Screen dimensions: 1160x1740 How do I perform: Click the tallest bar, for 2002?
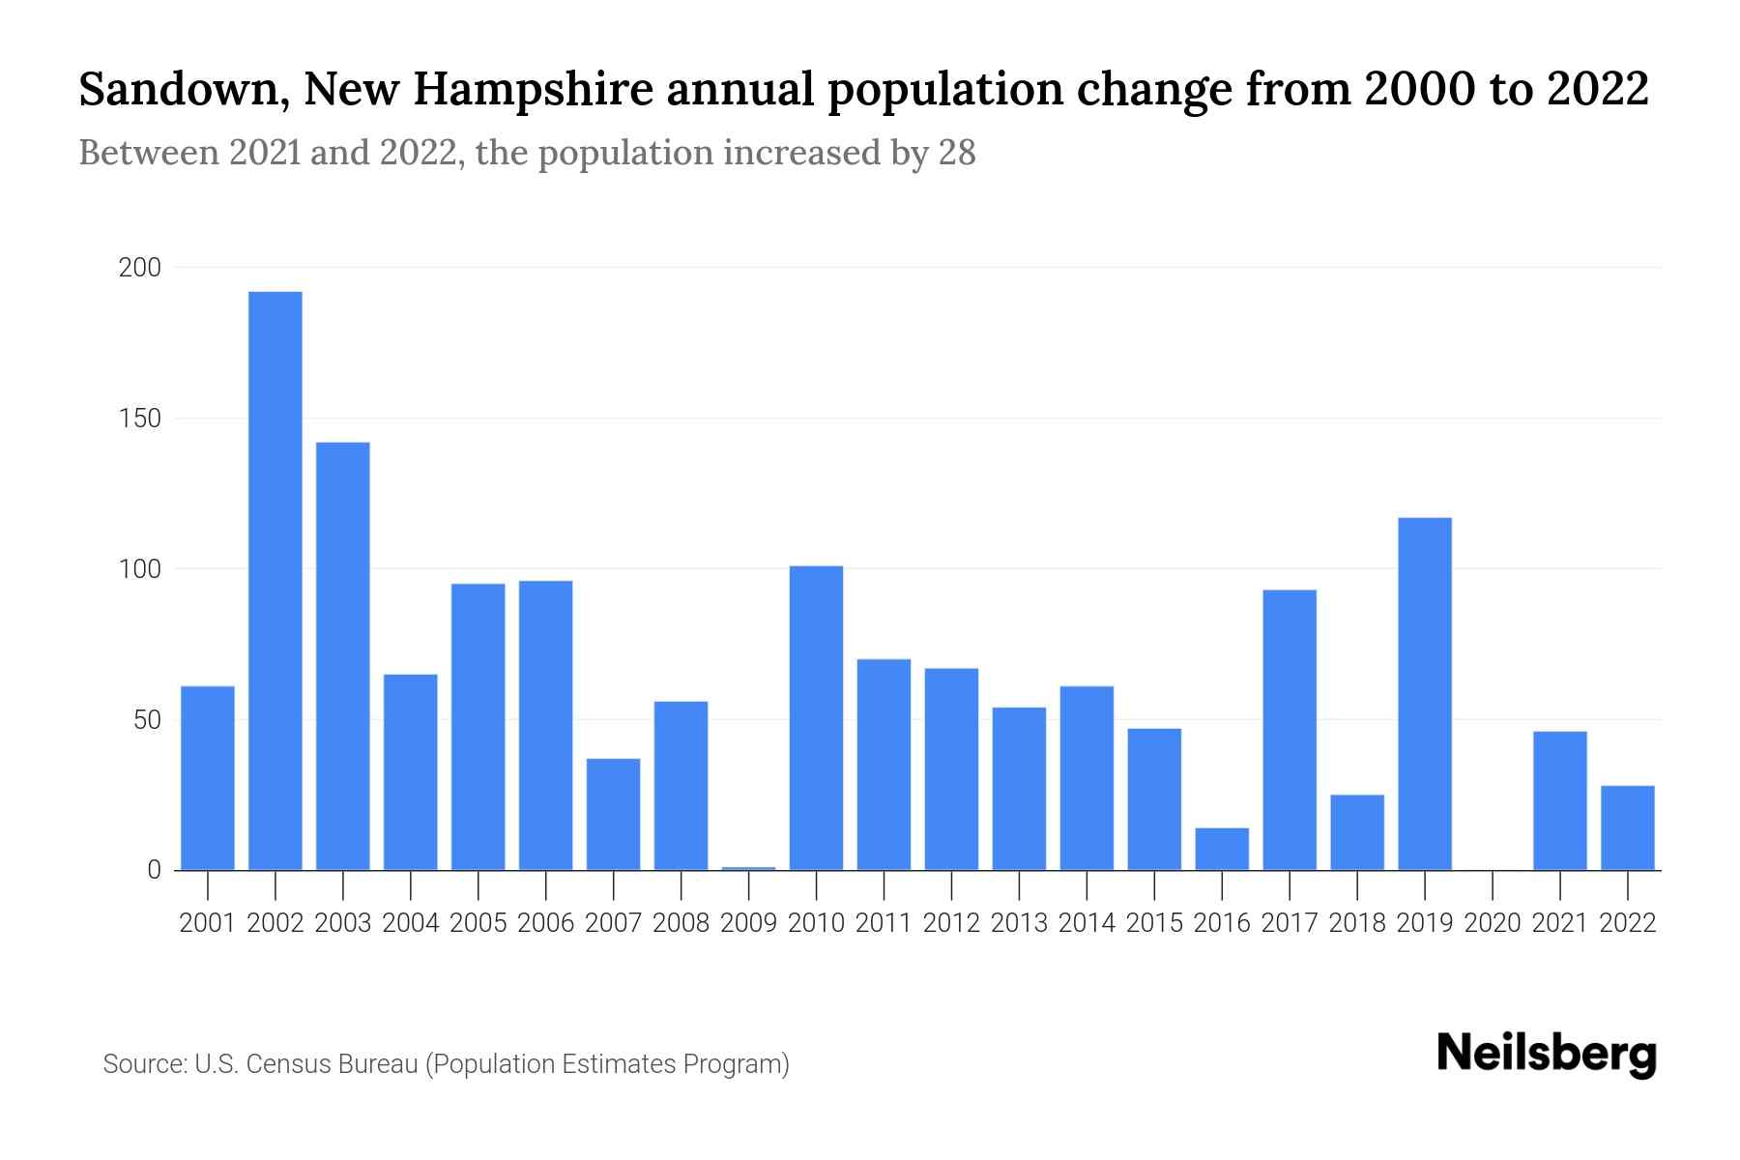click(275, 580)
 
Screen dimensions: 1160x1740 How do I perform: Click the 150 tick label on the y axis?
click(139, 419)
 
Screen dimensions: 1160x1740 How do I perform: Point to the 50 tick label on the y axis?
click(146, 720)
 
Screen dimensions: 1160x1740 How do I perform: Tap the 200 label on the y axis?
click(139, 268)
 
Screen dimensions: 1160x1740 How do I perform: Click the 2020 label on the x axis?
click(1493, 923)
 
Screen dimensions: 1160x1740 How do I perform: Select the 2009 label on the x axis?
click(748, 923)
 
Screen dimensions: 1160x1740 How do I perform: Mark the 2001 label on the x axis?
click(208, 923)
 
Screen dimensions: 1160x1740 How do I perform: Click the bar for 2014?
click(1087, 778)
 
